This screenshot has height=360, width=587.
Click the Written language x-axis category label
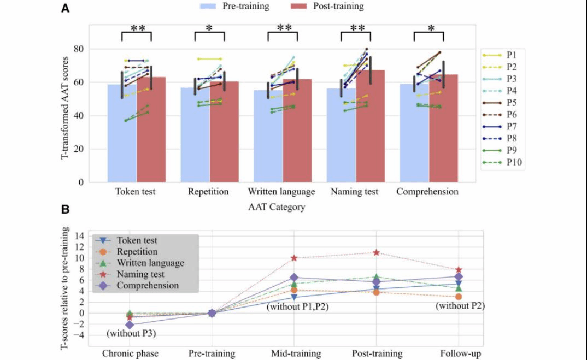[x=281, y=192]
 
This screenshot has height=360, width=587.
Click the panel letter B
[x=64, y=209]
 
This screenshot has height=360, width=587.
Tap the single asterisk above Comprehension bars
[x=428, y=29]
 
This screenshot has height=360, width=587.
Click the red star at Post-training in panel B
[x=377, y=252]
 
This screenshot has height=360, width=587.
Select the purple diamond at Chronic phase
[x=130, y=324]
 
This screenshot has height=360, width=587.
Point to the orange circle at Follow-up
[x=459, y=297]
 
